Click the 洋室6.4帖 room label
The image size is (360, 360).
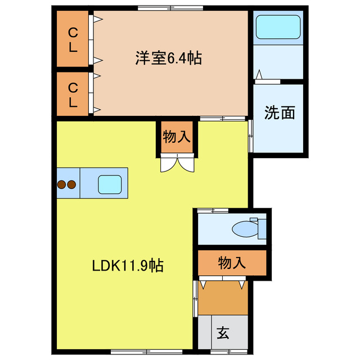pos(168,58)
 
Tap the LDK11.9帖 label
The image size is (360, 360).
pos(128,265)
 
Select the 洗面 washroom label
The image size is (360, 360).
pos(280,113)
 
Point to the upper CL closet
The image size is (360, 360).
pos(73,39)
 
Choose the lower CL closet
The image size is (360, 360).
pos(73,94)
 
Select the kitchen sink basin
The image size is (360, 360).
pos(110,183)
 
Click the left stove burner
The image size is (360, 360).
pos(61,183)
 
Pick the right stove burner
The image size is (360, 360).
pos(71,183)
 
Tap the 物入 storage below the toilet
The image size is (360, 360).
pos(231,263)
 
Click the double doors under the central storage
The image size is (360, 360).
pos(177,163)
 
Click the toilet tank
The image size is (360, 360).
pos(262,228)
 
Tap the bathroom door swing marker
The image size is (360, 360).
pos(259,75)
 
